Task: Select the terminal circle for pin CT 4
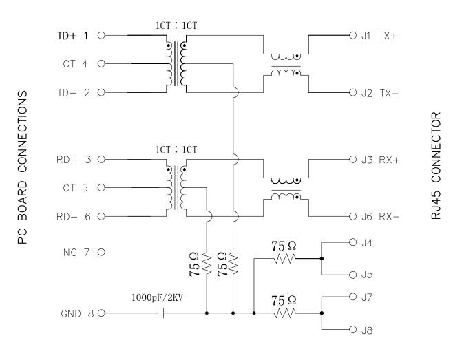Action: pyautogui.click(x=101, y=64)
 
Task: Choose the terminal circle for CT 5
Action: pyautogui.click(x=101, y=188)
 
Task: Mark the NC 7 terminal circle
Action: pyautogui.click(x=101, y=252)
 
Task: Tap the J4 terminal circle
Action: pyautogui.click(x=353, y=242)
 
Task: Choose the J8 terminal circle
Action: pyautogui.click(x=353, y=330)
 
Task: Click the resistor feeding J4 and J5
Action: pyautogui.click(x=283, y=259)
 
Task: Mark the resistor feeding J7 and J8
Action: pyautogui.click(x=283, y=313)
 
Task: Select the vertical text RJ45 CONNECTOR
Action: pyautogui.click(x=436, y=165)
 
